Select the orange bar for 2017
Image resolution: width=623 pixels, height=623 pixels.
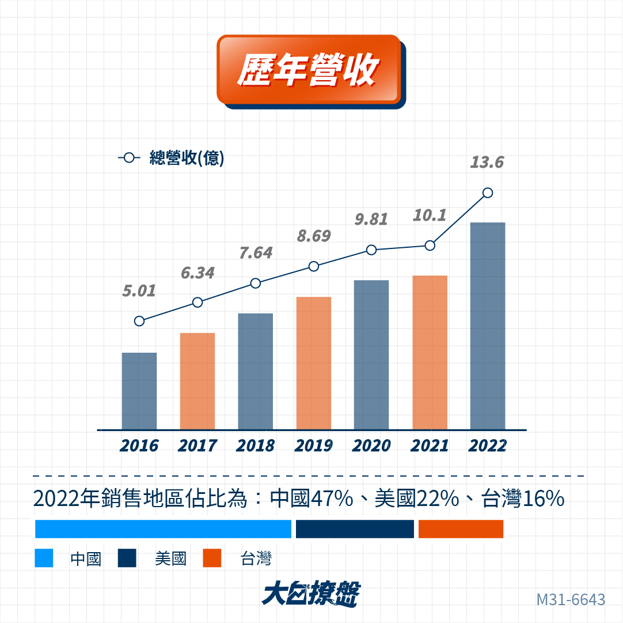[x=197, y=381]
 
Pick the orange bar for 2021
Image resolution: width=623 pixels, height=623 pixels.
[x=430, y=352]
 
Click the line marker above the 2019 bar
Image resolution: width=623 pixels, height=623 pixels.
[x=314, y=266]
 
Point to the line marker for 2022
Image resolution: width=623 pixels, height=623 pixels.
[x=488, y=192]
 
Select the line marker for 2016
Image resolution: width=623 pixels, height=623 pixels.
[x=139, y=321]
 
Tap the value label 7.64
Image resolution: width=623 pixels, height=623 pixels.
[x=256, y=254]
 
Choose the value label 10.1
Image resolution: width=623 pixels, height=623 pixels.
[x=430, y=216]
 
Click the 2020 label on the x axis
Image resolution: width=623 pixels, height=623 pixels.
[x=371, y=446]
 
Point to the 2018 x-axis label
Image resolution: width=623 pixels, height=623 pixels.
[x=255, y=446]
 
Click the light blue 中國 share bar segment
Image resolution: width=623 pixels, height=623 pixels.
[x=163, y=529]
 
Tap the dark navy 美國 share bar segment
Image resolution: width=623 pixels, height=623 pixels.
[x=355, y=529]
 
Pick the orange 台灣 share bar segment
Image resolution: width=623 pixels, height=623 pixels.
[x=461, y=529]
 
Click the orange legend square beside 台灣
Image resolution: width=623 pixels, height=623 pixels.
[x=212, y=558]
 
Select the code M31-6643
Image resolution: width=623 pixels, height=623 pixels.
[x=571, y=600]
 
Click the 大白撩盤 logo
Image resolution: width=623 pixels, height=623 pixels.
[x=311, y=594]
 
